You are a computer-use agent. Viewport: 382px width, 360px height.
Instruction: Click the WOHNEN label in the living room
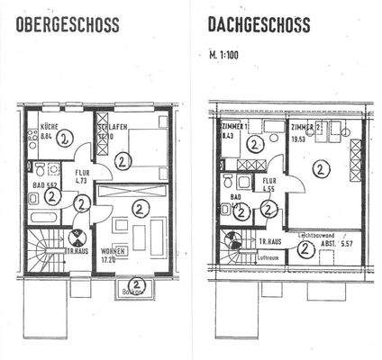click(x=114, y=248)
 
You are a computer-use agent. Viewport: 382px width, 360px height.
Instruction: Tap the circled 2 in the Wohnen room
click(x=140, y=208)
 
